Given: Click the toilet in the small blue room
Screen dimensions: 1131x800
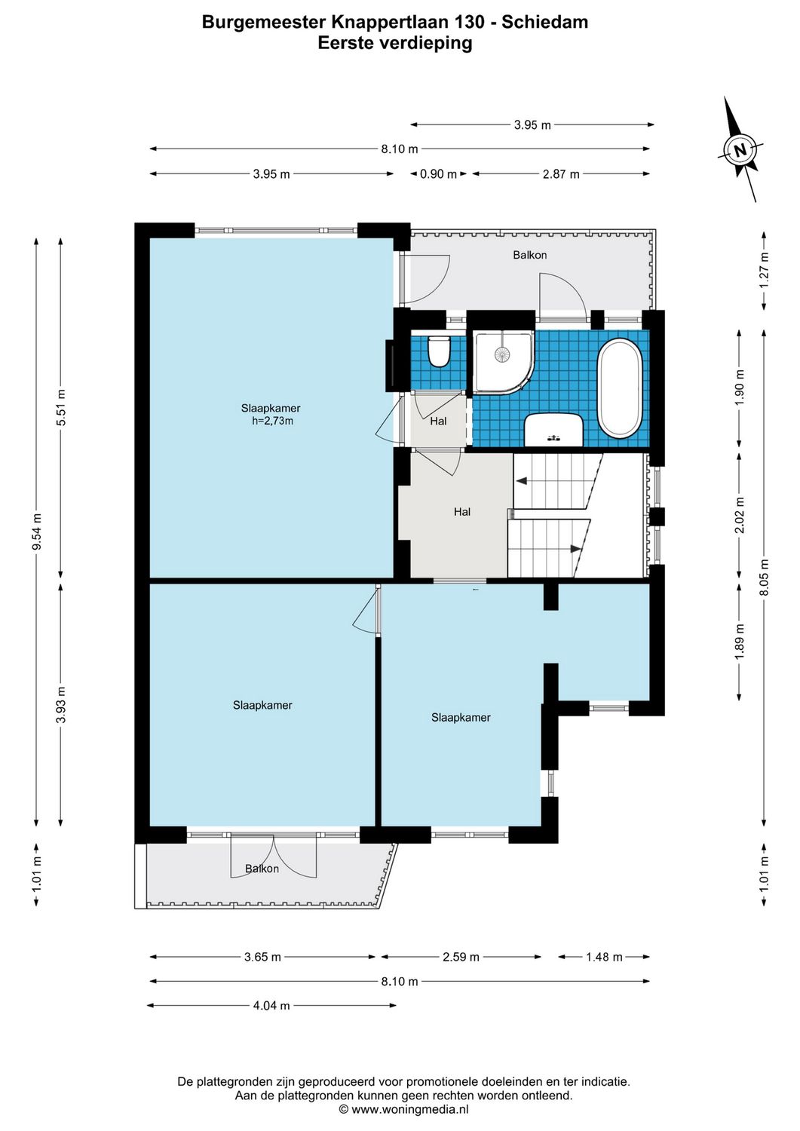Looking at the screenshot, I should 438,351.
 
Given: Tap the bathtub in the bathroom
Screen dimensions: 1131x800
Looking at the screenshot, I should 620,388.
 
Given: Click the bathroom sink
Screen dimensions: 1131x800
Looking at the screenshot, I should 553,430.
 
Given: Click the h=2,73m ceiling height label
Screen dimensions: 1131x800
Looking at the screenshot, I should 272,421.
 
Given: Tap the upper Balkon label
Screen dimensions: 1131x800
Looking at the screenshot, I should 529,255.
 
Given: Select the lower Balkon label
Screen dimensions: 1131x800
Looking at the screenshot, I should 262,869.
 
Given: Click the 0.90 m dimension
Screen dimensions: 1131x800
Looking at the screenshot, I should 438,174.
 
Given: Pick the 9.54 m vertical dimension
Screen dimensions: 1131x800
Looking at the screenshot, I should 36,532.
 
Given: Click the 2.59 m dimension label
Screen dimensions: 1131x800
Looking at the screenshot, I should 461,957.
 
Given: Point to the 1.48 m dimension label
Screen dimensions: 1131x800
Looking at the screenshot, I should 604,957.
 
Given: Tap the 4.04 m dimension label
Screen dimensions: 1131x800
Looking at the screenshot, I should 271,1005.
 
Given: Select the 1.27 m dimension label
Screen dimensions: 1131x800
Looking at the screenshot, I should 764,271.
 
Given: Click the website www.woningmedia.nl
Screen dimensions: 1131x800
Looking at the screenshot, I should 410,1109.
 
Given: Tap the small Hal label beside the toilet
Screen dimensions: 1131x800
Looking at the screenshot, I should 438,421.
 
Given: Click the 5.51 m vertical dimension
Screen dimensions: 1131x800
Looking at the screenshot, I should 61,407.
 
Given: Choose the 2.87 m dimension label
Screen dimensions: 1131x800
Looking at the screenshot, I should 561,174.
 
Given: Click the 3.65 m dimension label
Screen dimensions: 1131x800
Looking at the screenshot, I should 262,957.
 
